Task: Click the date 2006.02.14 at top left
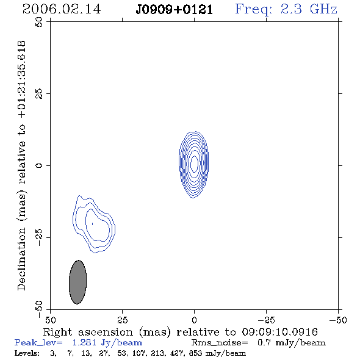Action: pyautogui.click(x=62, y=9)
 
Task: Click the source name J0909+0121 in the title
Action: pyautogui.click(x=175, y=10)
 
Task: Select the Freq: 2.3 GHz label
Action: pyautogui.click(x=286, y=10)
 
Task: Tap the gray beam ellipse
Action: pyautogui.click(x=78, y=282)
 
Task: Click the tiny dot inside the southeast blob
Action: pyautogui.click(x=93, y=223)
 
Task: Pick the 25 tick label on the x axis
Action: pyautogui.click(x=123, y=320)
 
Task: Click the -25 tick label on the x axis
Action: pyautogui.click(x=266, y=320)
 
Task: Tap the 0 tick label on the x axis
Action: pyautogui.click(x=194, y=320)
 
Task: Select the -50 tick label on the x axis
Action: pyautogui.click(x=338, y=320)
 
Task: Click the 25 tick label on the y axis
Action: pyautogui.click(x=39, y=94)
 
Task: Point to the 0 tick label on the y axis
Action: pyautogui.click(x=39, y=165)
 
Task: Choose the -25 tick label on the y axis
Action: pyautogui.click(x=39, y=237)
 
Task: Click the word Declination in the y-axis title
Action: pyautogui.click(x=21, y=259)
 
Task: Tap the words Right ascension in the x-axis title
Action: pyautogui.click(x=88, y=333)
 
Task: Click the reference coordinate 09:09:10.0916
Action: pyautogui.click(x=279, y=332)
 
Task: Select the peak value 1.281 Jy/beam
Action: pyautogui.click(x=107, y=343)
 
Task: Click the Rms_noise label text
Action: pyautogui.click(x=220, y=343)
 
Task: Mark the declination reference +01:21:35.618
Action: pyautogui.click(x=22, y=80)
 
